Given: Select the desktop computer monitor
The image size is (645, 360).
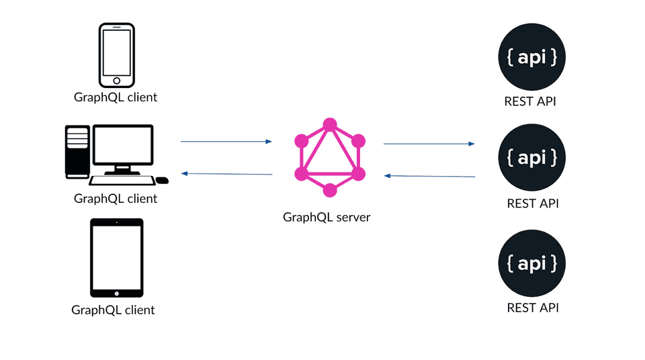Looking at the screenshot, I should click(x=123, y=146).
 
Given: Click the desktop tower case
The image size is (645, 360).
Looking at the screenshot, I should click(x=77, y=151).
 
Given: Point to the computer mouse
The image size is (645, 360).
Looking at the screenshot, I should click(x=162, y=180).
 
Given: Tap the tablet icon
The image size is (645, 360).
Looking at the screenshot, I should click(x=117, y=258).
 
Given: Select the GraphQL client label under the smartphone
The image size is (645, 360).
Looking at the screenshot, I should click(x=116, y=97).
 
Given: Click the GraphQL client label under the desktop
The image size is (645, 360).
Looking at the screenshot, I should click(x=116, y=199).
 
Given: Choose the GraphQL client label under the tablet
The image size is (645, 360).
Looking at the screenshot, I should click(x=113, y=310).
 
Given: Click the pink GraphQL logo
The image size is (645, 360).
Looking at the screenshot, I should click(x=329, y=158).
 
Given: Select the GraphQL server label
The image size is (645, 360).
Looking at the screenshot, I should click(x=327, y=218).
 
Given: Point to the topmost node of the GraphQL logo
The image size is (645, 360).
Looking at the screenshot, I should click(x=329, y=125).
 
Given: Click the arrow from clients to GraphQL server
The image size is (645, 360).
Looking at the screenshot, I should click(x=226, y=142).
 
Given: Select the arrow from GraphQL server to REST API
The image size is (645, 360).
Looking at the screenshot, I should click(x=429, y=144).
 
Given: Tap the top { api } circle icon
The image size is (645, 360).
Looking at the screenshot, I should click(x=531, y=58).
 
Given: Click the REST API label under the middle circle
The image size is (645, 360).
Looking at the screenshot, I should click(x=532, y=204).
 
